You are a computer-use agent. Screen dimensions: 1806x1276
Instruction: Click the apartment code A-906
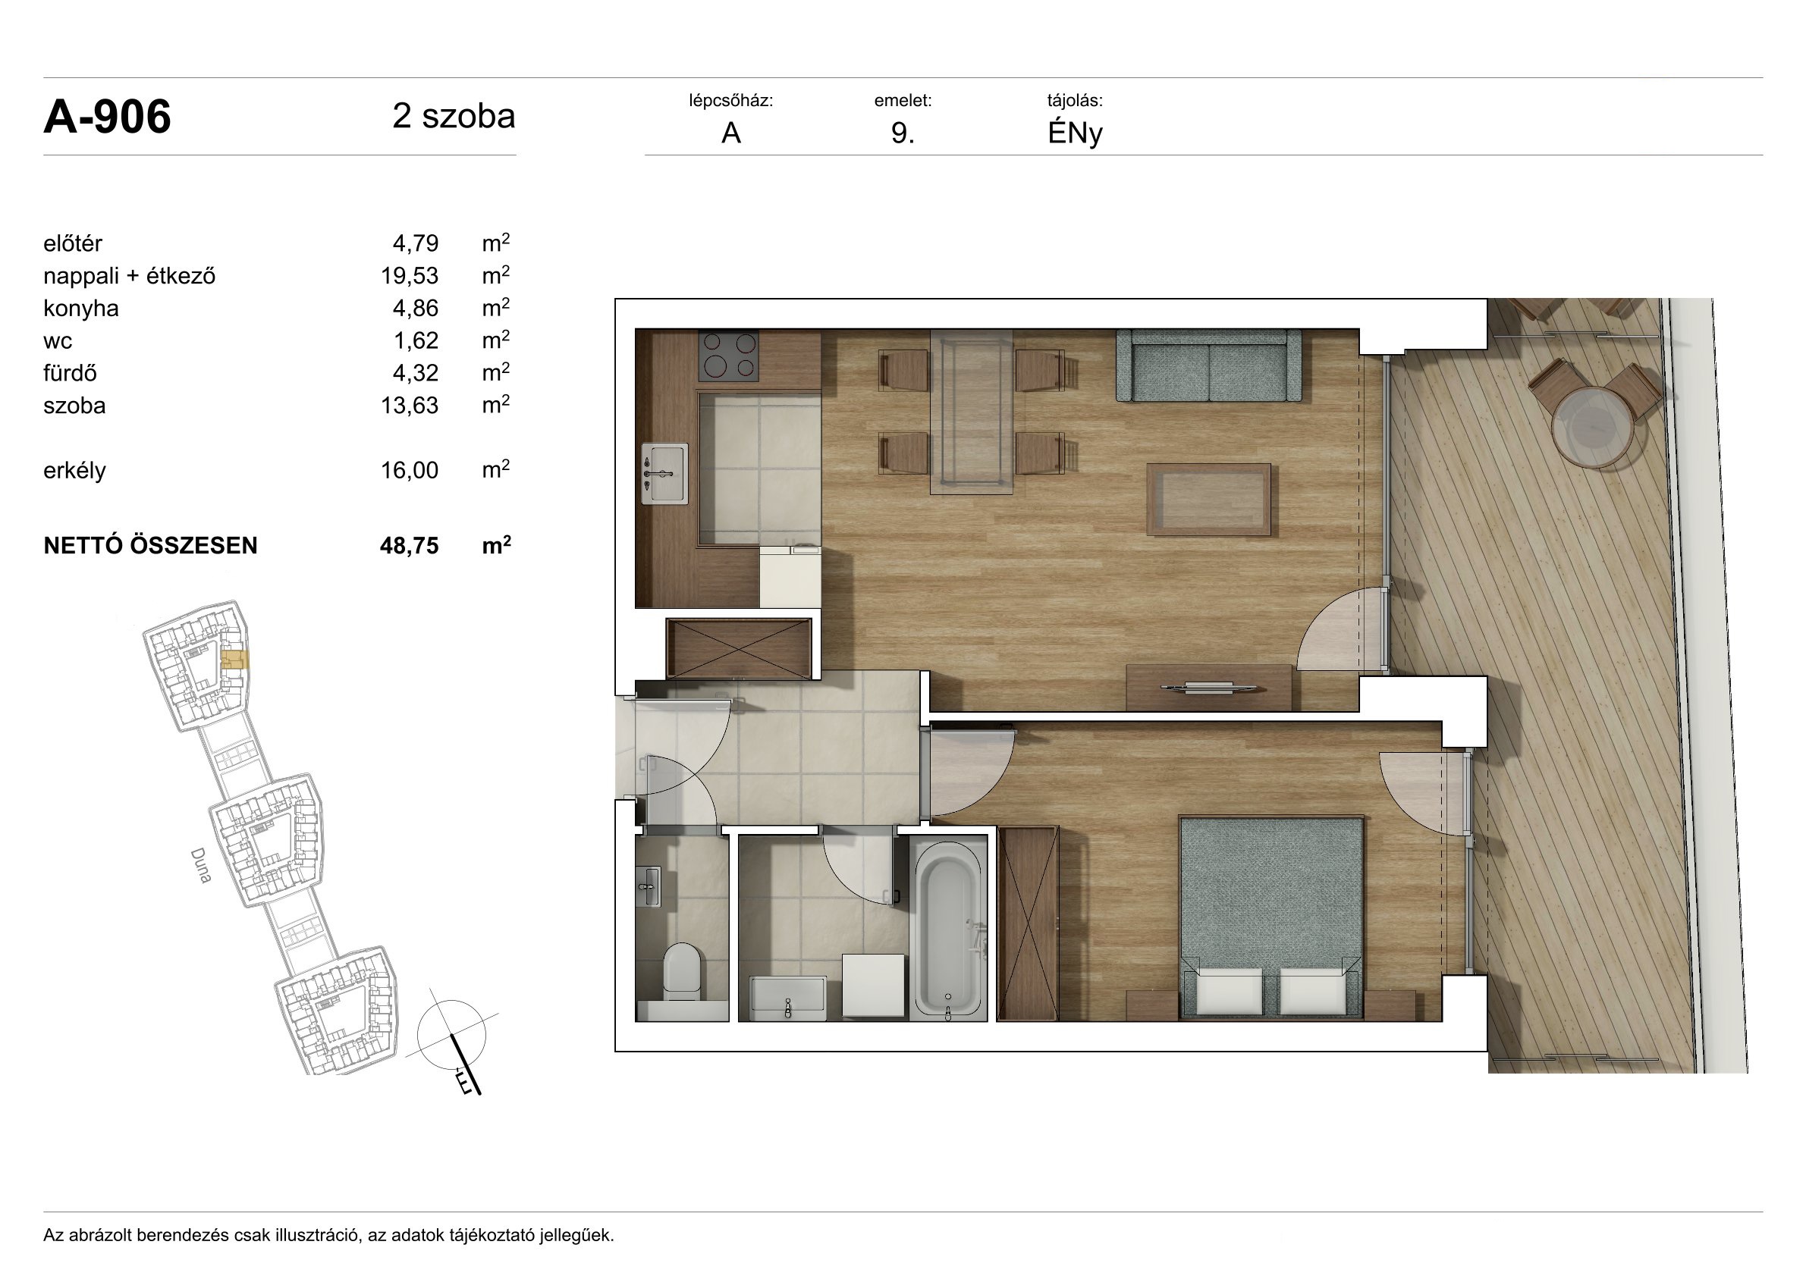(107, 118)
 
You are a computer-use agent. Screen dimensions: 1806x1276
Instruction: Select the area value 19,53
(410, 276)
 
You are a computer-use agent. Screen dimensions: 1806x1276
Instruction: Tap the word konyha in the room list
(81, 308)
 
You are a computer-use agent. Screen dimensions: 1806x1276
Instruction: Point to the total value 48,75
(409, 546)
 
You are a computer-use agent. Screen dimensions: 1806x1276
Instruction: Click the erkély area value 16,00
(410, 470)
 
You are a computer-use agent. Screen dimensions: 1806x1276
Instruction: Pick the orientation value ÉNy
(1076, 133)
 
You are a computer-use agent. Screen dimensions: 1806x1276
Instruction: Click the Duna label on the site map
(201, 866)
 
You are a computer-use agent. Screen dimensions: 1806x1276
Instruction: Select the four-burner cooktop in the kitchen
(729, 356)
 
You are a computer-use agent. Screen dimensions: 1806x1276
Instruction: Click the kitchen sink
(664, 473)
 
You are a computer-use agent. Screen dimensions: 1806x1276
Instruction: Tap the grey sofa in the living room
(1208, 366)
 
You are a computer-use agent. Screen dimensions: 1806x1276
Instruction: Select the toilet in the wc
(681, 973)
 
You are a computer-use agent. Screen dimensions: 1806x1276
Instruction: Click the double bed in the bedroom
(1271, 918)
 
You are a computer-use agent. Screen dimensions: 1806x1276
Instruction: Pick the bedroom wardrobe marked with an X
(1027, 923)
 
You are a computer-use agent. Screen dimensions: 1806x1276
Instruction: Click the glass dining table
(972, 412)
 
